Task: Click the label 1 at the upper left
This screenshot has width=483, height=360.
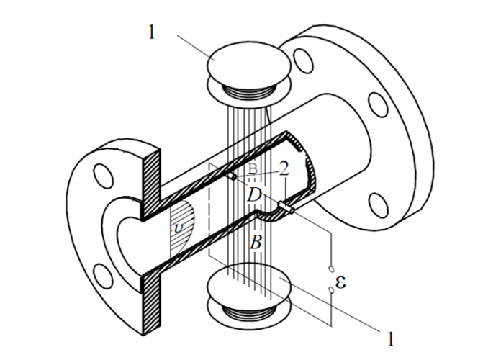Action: [151, 32]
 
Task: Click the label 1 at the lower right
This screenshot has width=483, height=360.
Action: [390, 338]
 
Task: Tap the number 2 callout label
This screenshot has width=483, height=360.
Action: [284, 168]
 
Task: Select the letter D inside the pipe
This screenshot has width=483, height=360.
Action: [254, 195]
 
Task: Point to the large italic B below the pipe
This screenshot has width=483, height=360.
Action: [256, 242]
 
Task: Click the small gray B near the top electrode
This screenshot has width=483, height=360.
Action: [253, 168]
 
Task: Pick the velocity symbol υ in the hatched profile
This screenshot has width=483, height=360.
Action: [179, 228]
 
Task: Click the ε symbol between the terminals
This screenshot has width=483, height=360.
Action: [340, 282]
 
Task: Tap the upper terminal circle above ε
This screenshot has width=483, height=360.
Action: [331, 269]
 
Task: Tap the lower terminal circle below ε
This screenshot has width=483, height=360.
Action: [331, 290]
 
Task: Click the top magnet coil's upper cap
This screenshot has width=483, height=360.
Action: [249, 60]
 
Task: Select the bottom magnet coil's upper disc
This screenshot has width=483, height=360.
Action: [249, 282]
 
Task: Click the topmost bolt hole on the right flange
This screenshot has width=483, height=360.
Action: [303, 60]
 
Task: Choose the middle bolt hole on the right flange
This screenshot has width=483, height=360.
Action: [378, 104]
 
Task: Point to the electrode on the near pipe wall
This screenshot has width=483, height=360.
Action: [286, 207]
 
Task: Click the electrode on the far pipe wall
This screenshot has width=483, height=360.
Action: [233, 176]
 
